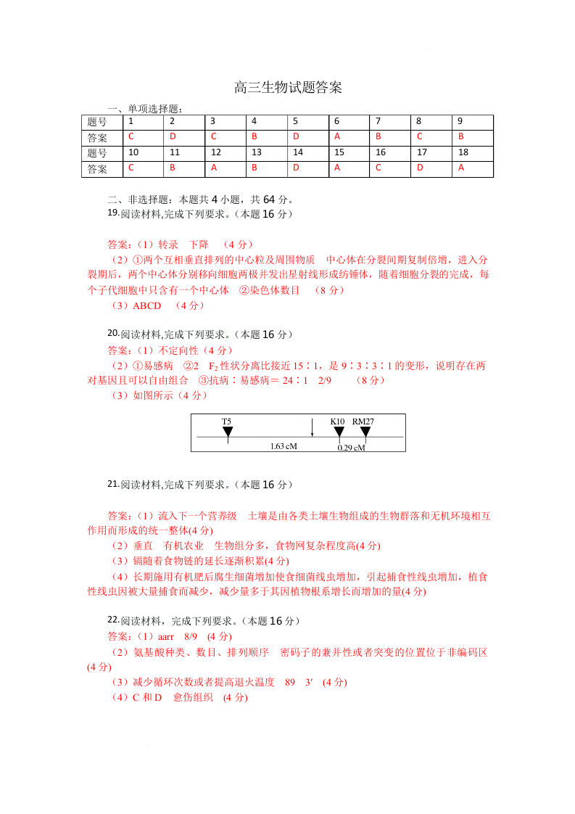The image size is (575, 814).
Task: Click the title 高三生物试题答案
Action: [x=288, y=89]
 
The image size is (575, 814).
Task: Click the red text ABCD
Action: [x=147, y=306]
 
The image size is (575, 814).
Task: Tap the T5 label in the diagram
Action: [x=227, y=422]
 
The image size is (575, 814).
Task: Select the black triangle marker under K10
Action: [x=339, y=432]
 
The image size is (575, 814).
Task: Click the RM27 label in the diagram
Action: [x=363, y=422]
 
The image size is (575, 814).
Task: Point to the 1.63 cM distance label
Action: [x=283, y=446]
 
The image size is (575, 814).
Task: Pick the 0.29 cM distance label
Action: [x=352, y=448]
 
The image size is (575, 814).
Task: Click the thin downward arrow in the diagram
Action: [x=312, y=428]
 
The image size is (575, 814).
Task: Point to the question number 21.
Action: [x=112, y=484]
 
